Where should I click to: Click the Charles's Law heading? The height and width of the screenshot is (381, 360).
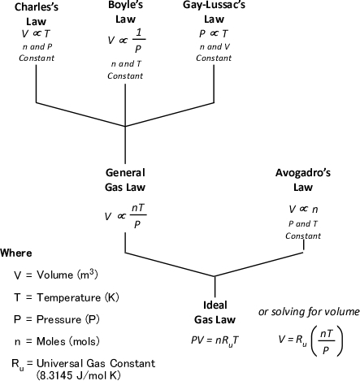(x=37, y=14)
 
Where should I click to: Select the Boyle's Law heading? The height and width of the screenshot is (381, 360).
(x=125, y=12)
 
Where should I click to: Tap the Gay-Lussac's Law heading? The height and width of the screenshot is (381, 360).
(x=214, y=12)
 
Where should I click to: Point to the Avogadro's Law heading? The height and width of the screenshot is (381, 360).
(x=303, y=180)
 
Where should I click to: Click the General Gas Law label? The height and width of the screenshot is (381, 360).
(x=125, y=180)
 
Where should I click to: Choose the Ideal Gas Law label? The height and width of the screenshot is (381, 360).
(x=215, y=312)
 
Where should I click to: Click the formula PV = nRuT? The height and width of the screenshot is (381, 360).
(x=215, y=340)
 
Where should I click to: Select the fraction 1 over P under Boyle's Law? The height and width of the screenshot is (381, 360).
(x=139, y=40)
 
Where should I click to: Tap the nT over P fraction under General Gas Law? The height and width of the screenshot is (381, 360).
(x=138, y=216)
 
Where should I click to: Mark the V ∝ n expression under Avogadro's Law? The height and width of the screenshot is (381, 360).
(x=303, y=209)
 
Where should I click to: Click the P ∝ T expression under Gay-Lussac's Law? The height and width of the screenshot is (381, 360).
(x=214, y=33)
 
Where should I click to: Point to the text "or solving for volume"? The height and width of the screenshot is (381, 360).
(x=309, y=312)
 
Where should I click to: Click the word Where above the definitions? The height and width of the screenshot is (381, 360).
(x=16, y=253)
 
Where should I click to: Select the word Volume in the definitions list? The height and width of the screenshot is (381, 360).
(x=55, y=275)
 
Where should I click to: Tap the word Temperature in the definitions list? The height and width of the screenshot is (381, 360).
(x=69, y=297)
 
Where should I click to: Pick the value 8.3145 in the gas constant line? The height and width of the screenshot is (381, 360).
(x=54, y=375)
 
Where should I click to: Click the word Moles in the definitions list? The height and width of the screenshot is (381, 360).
(x=51, y=341)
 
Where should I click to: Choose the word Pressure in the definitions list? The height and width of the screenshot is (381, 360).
(x=59, y=319)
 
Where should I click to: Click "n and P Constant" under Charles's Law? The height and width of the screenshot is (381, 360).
(x=37, y=52)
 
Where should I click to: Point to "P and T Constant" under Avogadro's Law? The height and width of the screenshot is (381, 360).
(x=303, y=230)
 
